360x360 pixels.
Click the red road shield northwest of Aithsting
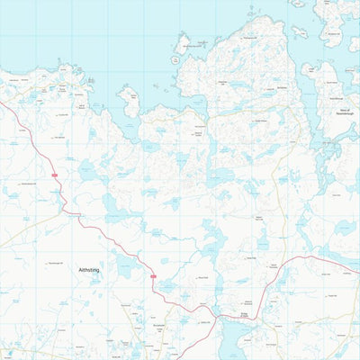(54, 174)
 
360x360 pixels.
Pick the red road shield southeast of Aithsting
(153, 276)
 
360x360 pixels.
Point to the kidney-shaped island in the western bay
(130, 101)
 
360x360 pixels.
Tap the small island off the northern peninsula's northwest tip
(184, 42)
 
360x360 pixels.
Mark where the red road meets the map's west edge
(2, 105)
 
